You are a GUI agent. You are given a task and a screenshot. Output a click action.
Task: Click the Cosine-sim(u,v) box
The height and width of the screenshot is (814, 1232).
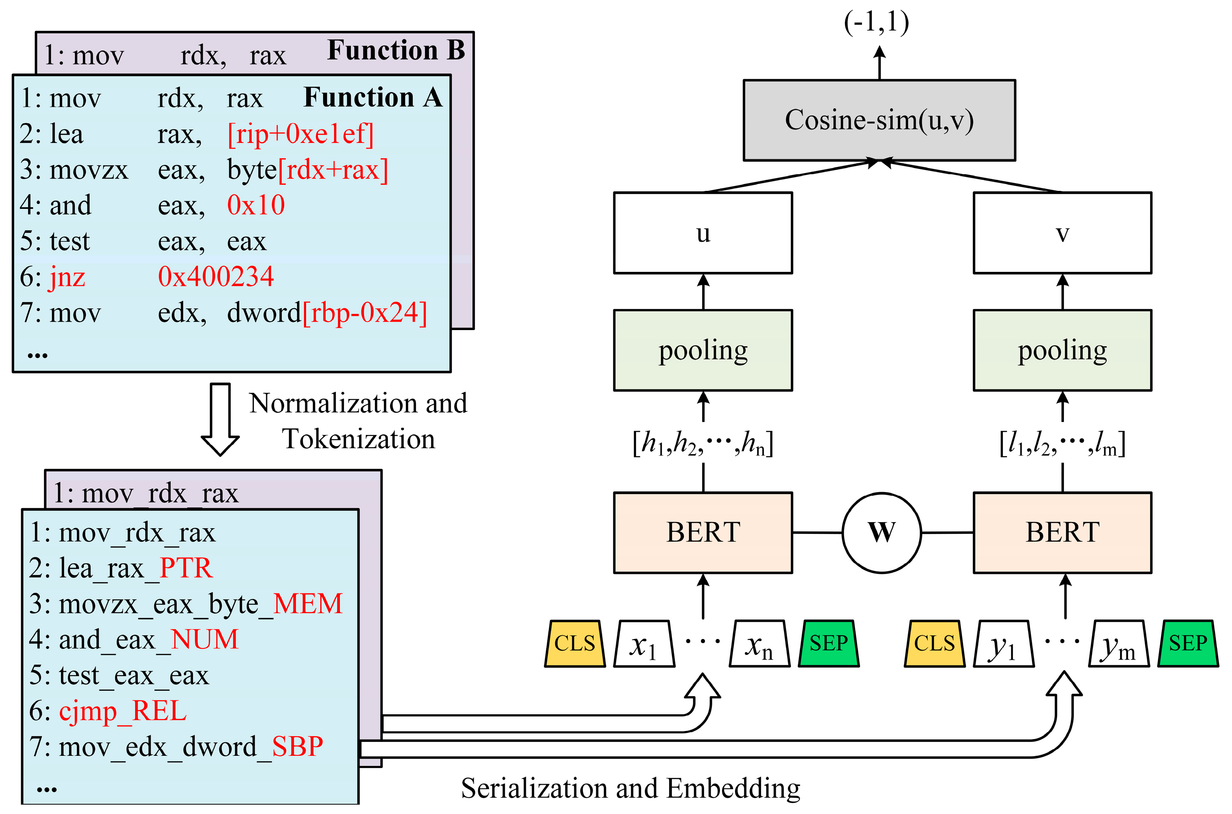[x=879, y=120]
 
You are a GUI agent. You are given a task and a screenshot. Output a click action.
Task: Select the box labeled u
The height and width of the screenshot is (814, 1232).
[x=702, y=233]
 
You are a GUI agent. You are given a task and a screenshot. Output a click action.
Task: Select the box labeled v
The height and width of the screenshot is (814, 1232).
[x=1062, y=233]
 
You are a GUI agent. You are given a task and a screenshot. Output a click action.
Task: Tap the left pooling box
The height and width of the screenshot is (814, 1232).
[x=702, y=350]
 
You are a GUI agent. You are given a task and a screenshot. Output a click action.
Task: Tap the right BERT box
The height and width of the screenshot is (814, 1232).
[x=1062, y=533]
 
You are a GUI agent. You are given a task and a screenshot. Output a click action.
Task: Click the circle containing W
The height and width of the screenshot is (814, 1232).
[x=881, y=533]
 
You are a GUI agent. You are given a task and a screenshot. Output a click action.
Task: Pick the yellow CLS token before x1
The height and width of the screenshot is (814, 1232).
[x=575, y=644]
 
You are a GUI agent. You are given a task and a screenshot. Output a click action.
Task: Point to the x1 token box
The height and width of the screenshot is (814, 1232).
[x=644, y=644]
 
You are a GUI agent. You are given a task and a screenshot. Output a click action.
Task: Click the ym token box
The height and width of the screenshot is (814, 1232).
[x=1118, y=644]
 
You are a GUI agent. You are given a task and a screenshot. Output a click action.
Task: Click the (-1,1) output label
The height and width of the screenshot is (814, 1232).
[x=876, y=22]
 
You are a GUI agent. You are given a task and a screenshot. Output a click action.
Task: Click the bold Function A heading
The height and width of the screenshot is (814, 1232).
[x=373, y=98]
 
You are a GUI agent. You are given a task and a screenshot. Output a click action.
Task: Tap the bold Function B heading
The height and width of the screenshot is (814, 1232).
[x=396, y=51]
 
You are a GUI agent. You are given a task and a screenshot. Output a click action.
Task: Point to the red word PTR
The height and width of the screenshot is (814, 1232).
[x=186, y=568]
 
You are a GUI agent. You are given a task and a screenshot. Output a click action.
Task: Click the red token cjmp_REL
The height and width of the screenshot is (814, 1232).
[x=123, y=711]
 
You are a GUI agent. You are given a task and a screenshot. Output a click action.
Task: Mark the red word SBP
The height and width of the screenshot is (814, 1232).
[x=297, y=747]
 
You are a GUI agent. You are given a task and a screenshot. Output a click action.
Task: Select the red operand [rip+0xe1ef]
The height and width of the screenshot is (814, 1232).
[x=300, y=134]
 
